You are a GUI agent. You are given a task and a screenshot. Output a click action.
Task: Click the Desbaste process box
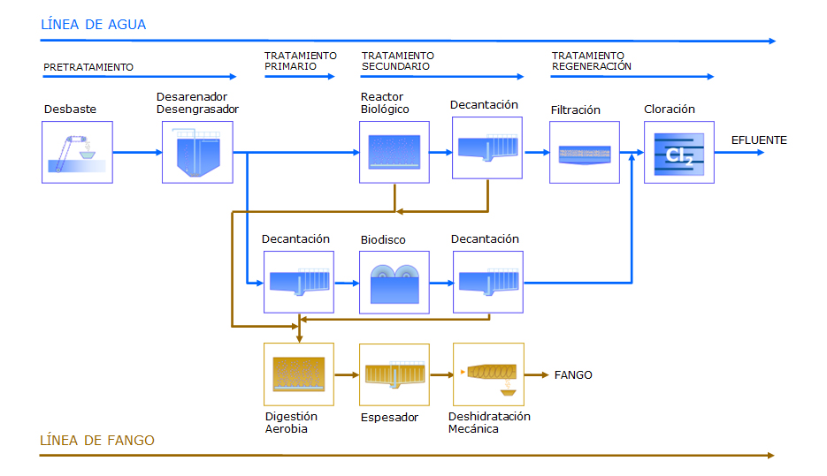point(77,152)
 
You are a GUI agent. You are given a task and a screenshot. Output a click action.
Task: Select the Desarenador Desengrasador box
point(197,152)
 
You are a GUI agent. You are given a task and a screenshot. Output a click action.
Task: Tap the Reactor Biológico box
point(394,152)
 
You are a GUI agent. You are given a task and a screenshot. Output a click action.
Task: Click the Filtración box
point(585,152)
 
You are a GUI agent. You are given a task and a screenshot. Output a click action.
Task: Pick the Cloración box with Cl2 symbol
point(678,152)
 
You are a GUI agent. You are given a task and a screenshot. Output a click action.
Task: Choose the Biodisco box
point(394,283)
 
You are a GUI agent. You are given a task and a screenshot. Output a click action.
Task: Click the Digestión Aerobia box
point(299,374)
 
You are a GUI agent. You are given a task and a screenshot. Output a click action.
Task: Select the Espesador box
point(394,374)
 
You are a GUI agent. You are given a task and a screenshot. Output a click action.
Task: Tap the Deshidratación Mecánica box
point(488,374)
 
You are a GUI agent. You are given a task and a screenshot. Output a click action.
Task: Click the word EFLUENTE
point(759,140)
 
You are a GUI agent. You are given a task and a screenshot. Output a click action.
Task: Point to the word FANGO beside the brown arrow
point(573,375)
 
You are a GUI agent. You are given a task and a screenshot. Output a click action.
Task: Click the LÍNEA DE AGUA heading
point(94,24)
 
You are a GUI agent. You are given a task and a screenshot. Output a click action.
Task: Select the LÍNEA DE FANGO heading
point(97,440)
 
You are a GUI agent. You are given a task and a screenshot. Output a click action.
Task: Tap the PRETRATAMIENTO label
point(88,67)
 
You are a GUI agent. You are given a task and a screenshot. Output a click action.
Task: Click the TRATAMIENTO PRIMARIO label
point(300,61)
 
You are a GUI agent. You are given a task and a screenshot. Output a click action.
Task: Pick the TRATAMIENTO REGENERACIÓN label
point(591,61)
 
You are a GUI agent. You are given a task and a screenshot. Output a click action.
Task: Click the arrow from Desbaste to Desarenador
point(137,152)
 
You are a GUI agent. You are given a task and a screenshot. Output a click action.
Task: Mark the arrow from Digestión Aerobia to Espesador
point(347,375)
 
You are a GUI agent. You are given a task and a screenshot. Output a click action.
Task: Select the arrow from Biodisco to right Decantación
point(441,283)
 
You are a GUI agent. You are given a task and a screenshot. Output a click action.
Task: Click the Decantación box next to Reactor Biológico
point(487,148)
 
